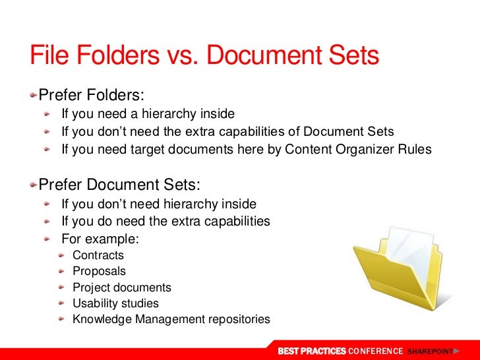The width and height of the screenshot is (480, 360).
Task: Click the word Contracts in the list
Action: click(98, 256)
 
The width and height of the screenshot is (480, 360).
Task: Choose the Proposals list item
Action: click(99, 272)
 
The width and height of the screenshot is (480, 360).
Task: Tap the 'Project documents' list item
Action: click(122, 287)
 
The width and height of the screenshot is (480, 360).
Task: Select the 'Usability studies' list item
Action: click(115, 304)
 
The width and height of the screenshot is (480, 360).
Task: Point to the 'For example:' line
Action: click(100, 238)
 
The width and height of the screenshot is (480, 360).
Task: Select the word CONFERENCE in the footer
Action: click(375, 351)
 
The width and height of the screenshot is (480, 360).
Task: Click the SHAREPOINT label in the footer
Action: click(431, 351)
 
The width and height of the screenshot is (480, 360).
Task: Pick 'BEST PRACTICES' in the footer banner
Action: click(311, 351)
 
